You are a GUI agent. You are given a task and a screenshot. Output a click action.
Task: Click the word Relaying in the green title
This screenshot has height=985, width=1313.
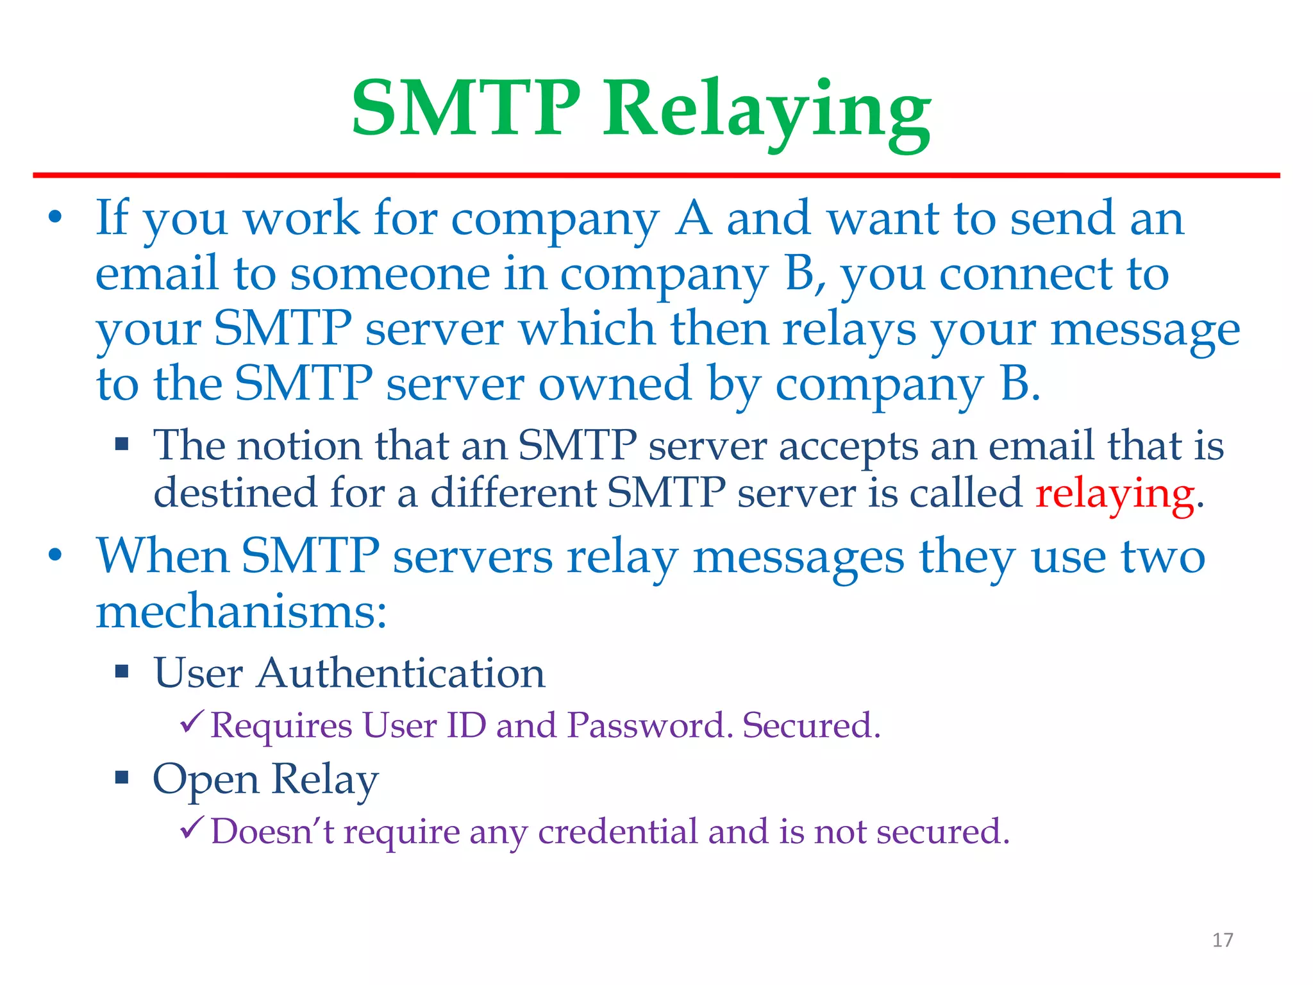pyautogui.click(x=766, y=110)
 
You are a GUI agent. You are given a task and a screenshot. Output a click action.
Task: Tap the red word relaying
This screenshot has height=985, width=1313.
pyautogui.click(x=1114, y=494)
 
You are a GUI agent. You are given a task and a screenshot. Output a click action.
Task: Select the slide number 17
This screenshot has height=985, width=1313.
pyautogui.click(x=1223, y=940)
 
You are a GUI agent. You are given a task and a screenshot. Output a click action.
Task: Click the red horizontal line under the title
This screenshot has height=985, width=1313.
pyautogui.click(x=656, y=175)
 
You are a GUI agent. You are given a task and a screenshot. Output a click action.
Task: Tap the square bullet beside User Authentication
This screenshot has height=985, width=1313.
pyautogui.click(x=122, y=672)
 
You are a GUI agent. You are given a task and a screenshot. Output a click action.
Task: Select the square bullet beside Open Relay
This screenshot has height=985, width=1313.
pyautogui.click(x=122, y=778)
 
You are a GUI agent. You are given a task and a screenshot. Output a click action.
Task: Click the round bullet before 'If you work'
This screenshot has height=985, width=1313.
pyautogui.click(x=56, y=217)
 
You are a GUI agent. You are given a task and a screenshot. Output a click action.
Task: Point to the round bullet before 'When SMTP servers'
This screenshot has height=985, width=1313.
pyautogui.click(x=56, y=555)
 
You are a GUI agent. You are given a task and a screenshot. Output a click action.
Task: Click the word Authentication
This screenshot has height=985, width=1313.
pyautogui.click(x=401, y=673)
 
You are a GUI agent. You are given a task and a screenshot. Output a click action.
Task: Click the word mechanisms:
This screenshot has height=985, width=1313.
pyautogui.click(x=242, y=611)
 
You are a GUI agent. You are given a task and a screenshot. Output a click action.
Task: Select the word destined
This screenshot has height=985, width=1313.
pyautogui.click(x=235, y=493)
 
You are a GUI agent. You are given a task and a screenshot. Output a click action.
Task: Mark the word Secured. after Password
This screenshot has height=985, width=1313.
pyautogui.click(x=811, y=725)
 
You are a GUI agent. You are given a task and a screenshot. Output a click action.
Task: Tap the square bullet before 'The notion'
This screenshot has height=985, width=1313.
pyautogui.click(x=122, y=444)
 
